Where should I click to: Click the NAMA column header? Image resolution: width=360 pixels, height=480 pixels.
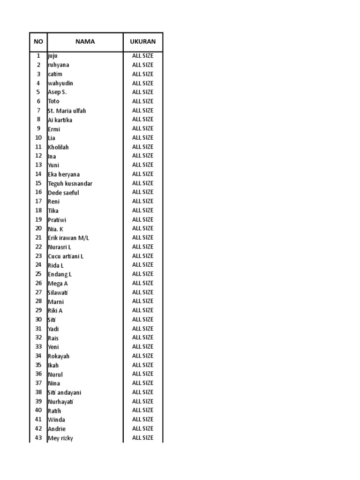tap(85, 42)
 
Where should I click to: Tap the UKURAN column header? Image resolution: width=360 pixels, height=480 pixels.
tap(142, 42)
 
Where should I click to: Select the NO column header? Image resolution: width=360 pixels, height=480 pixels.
tap(38, 42)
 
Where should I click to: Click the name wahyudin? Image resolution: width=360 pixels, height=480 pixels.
tap(60, 83)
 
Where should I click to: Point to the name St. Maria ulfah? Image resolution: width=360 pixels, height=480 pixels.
tap(67, 111)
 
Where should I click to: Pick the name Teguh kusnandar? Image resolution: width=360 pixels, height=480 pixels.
tap(70, 183)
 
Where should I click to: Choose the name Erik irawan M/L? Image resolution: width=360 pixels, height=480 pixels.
tap(68, 238)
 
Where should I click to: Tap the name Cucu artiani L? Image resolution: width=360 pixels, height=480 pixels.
tap(66, 256)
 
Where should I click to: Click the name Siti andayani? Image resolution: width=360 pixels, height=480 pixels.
tap(64, 392)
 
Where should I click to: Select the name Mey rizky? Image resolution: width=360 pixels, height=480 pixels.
tap(60, 438)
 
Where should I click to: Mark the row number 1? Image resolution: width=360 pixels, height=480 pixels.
tap(38, 56)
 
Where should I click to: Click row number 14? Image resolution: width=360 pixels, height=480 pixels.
tap(38, 174)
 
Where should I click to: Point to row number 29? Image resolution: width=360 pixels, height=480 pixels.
tap(38, 310)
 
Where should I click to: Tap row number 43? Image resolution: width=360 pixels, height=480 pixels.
tap(38, 438)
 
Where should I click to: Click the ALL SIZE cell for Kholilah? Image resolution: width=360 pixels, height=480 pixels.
tap(142, 147)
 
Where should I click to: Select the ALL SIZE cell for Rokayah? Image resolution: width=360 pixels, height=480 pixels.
tap(142, 356)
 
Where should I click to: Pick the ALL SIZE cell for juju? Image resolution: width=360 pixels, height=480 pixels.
tap(142, 56)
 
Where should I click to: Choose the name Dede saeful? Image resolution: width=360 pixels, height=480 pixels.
tap(63, 192)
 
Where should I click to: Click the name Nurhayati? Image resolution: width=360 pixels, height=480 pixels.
tap(61, 401)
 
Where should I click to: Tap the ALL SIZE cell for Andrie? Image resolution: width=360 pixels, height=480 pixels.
tap(142, 428)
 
